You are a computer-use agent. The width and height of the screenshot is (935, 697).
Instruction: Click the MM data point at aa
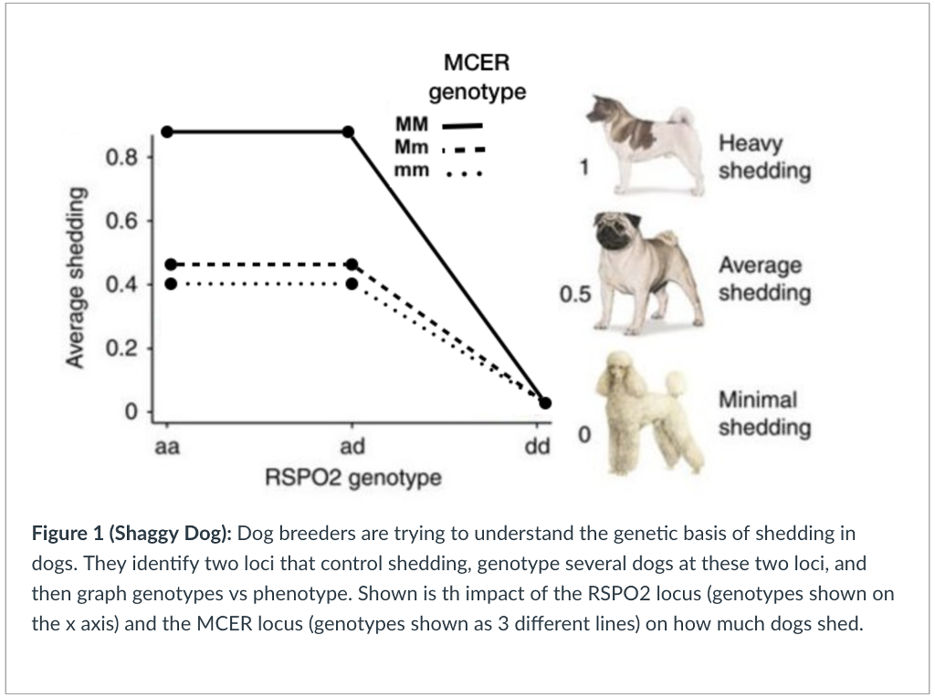(x=167, y=131)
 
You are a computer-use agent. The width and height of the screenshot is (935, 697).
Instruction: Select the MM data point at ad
(x=348, y=131)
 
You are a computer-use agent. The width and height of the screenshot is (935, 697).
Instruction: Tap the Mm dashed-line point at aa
(x=170, y=265)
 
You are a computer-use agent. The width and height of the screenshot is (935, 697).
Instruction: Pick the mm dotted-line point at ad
(x=352, y=283)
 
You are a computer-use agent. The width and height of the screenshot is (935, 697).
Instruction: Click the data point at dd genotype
(x=545, y=403)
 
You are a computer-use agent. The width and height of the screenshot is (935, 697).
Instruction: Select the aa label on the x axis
(x=167, y=447)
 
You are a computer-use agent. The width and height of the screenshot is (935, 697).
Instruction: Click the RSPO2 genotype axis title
(x=352, y=477)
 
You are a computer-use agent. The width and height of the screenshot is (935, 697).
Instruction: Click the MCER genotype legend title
(x=477, y=77)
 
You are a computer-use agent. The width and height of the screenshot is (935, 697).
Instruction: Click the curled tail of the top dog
(x=679, y=116)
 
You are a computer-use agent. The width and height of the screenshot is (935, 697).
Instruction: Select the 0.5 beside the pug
(x=576, y=294)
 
